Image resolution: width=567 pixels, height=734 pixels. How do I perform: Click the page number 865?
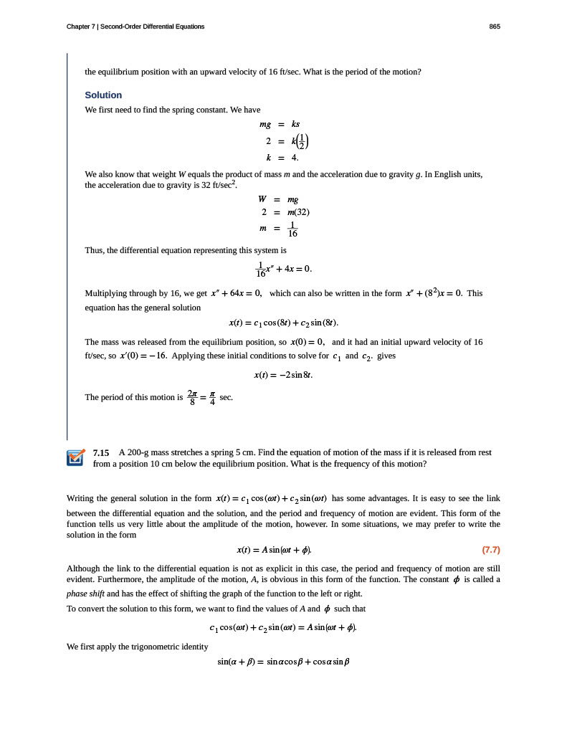[494, 27]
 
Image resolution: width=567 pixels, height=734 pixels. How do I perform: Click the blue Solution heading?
[103, 95]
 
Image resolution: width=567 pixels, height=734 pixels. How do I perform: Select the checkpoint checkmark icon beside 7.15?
[75, 457]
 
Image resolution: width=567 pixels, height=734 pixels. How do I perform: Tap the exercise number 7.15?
[101, 453]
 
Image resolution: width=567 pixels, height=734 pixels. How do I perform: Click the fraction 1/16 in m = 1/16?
[292, 229]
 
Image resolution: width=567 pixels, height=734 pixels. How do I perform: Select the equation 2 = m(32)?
[285, 212]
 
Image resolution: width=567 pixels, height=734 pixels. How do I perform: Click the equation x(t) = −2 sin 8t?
[284, 374]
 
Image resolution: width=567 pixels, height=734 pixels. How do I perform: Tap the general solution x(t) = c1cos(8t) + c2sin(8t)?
[283, 323]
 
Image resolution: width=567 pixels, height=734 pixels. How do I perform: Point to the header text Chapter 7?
[81, 27]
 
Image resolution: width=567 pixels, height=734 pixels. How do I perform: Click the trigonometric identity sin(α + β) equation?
[283, 662]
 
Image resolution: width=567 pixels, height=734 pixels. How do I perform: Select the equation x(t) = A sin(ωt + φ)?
[275, 550]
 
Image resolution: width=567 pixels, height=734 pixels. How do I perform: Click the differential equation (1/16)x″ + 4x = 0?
[284, 270]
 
